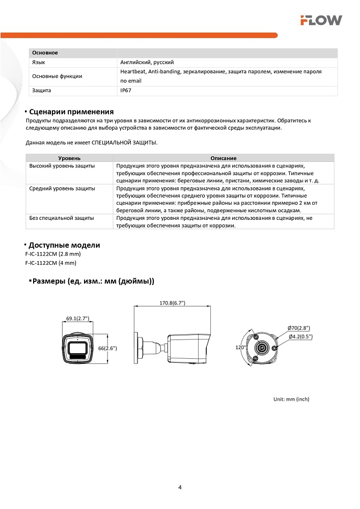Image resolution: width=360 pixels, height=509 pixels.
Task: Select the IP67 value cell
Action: point(126,91)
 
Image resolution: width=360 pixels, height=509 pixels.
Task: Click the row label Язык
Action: point(38,62)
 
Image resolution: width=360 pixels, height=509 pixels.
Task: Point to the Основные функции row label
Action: point(57,76)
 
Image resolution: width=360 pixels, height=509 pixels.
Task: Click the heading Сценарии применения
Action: point(71,112)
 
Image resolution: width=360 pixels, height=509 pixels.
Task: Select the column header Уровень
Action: point(69,158)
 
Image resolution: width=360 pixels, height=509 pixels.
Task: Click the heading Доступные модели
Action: point(64,245)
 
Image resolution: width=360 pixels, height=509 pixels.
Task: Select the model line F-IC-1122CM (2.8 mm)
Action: point(52,253)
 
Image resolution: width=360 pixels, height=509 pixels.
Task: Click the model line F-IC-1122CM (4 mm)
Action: point(50,263)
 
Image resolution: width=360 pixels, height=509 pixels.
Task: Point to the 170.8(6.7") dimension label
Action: point(172,303)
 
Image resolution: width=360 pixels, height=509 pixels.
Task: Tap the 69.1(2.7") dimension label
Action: point(77,319)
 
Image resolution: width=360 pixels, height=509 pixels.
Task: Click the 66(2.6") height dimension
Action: point(107,348)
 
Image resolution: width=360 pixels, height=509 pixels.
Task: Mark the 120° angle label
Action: point(241,347)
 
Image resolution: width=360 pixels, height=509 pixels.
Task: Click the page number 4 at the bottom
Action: point(180,487)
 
